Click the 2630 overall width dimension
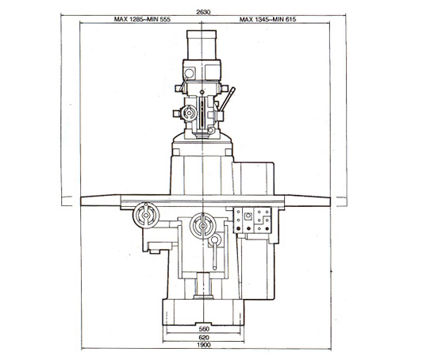tap(203, 12)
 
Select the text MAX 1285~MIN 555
tap(142, 19)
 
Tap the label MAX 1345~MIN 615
tap(267, 19)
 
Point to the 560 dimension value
tap(204, 329)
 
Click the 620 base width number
tap(204, 337)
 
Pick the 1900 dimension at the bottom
tap(204, 345)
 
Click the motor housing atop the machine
tap(202, 45)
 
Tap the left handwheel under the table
tap(146, 215)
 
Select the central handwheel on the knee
tap(203, 226)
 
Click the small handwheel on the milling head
tap(189, 113)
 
